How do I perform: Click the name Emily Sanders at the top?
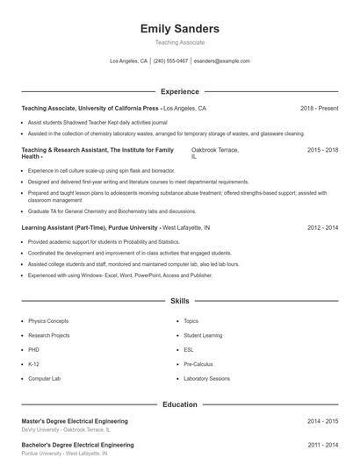coord(180,29)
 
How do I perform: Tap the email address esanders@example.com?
coord(222,61)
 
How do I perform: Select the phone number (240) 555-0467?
coord(171,61)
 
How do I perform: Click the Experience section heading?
coord(180,91)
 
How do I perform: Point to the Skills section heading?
coord(180,301)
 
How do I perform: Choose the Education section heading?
coord(180,404)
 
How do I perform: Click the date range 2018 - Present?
coord(319,109)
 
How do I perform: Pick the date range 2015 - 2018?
coord(322,150)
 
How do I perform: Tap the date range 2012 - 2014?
coord(322,227)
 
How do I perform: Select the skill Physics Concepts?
coord(48,321)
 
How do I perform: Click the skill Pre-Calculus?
coord(198,363)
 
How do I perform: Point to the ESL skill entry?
coord(189,349)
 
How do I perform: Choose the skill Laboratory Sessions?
coord(206,378)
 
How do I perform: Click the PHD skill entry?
coord(34,349)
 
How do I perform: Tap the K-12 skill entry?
coord(33,363)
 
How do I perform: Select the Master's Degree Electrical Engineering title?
coord(75,421)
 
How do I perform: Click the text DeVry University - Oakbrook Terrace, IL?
coord(66,430)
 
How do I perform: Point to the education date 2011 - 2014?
coord(322,445)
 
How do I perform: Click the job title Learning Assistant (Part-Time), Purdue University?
coord(90,227)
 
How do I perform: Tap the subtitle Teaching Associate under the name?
coord(180,42)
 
